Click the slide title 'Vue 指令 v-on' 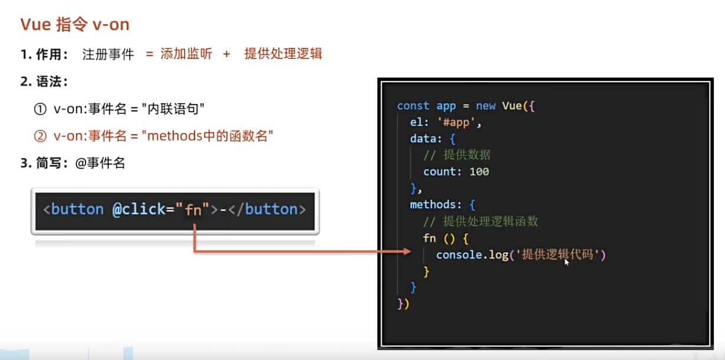coord(75,24)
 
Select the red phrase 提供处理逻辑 coord(283,54)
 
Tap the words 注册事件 coord(108,54)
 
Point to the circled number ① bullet coord(40,109)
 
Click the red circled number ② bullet coord(40,136)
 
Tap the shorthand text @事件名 coord(100,163)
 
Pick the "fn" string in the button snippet coord(193,209)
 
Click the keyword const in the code coord(413,106)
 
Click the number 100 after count coord(479,172)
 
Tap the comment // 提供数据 coord(457,155)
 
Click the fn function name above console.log coord(429,238)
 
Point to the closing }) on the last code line coord(403,304)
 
